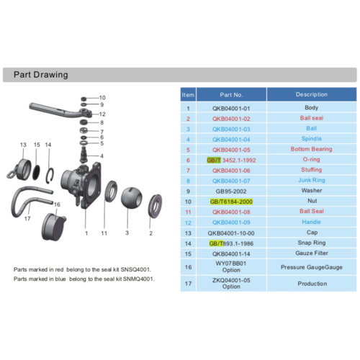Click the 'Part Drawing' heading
click(x=41, y=74)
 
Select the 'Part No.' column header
click(x=231, y=94)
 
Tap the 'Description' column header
click(x=311, y=94)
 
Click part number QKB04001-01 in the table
click(x=231, y=107)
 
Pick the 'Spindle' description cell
click(x=311, y=139)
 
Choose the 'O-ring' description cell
click(x=311, y=160)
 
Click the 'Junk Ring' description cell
click(x=311, y=181)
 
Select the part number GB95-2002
click(x=231, y=192)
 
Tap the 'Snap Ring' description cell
click(x=311, y=243)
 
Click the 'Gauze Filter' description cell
click(x=311, y=254)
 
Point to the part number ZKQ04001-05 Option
click(x=231, y=284)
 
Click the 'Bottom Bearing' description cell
click(x=311, y=150)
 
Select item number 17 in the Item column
click(x=187, y=284)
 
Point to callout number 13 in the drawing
click(x=23, y=145)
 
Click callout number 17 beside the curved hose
click(x=27, y=219)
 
